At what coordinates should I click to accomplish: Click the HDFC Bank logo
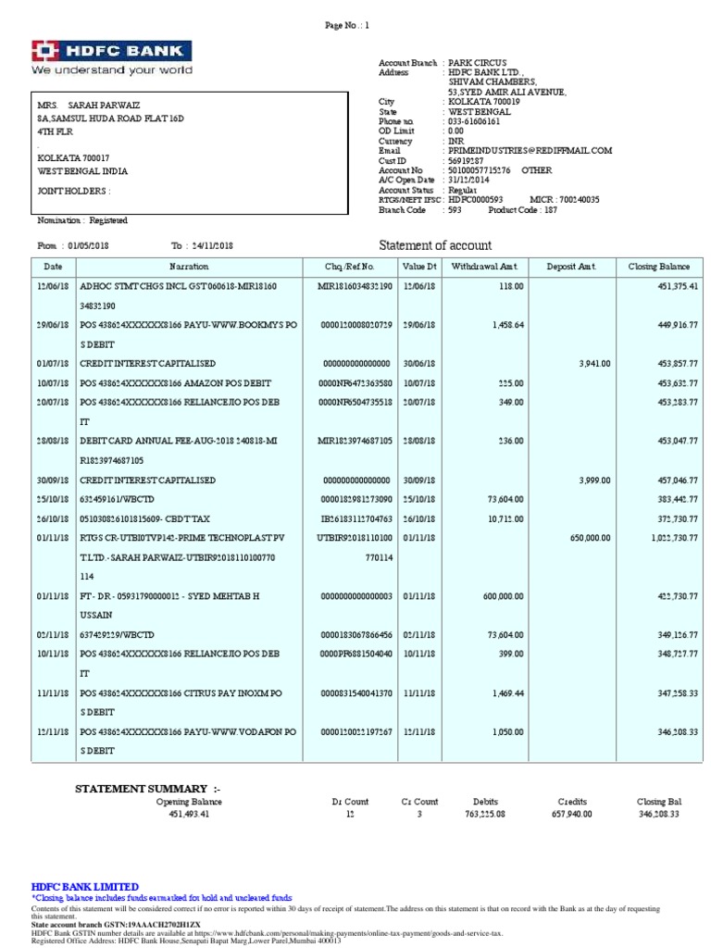point(112,51)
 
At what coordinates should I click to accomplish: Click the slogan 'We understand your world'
point(112,69)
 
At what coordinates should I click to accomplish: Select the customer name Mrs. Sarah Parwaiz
point(89,106)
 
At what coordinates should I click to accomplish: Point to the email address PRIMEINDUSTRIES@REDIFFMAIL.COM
point(529,150)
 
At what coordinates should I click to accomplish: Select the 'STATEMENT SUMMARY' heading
point(147,788)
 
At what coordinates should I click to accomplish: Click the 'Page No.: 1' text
point(347,26)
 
